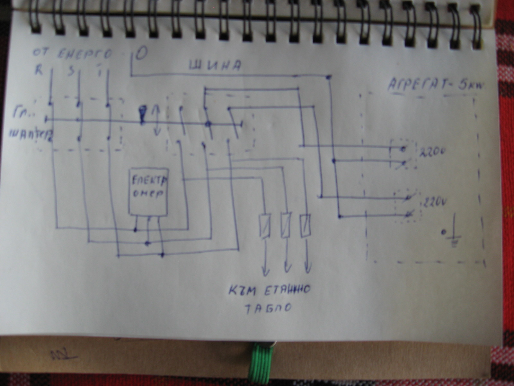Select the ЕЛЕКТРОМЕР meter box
[148, 192]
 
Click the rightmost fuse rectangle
[306, 225]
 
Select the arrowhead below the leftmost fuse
[265, 272]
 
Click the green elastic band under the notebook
[262, 367]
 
